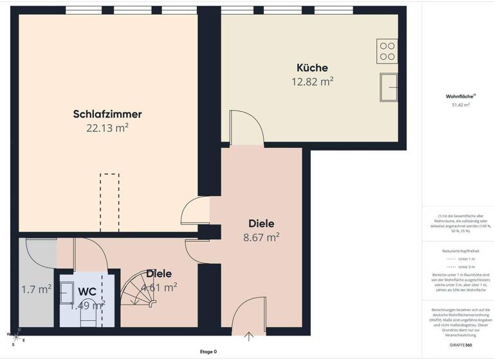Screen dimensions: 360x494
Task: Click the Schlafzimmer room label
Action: pos(107,114)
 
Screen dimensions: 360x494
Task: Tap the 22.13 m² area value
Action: pos(107,128)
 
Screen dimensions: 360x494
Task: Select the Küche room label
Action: pos(312,67)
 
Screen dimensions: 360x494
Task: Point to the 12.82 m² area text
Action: pos(312,81)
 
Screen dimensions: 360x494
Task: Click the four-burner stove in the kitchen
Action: pos(387,50)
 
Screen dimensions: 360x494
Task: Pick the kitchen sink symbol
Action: pos(389,87)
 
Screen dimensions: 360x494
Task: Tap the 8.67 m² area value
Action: pos(261,237)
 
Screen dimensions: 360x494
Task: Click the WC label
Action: pos(87,291)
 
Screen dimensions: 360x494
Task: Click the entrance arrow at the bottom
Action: pos(248,336)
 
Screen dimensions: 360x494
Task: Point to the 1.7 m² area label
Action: pos(36,289)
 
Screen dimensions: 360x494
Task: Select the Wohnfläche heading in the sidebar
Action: pos(457,96)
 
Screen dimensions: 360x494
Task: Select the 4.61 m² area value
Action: pos(160,287)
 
